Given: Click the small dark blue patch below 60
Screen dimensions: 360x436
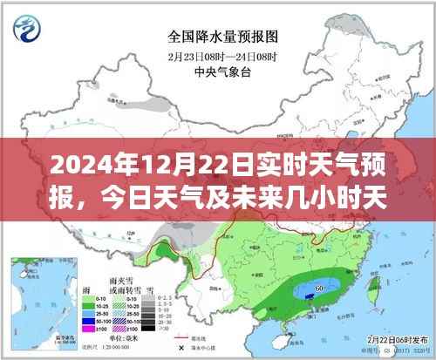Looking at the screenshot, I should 310,296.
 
